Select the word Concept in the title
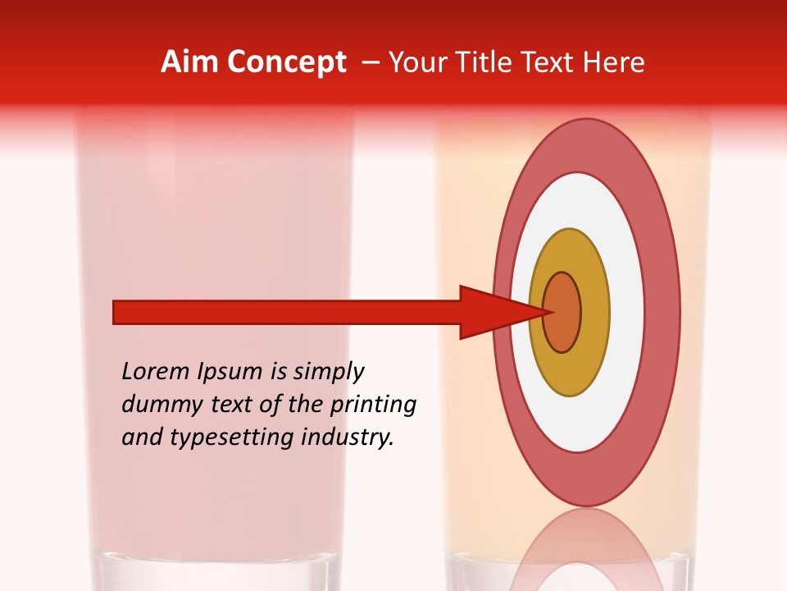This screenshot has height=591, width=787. click(285, 62)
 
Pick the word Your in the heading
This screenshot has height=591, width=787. click(416, 62)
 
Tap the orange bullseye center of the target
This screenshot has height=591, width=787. click(562, 313)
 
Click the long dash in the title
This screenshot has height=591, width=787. click(369, 62)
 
